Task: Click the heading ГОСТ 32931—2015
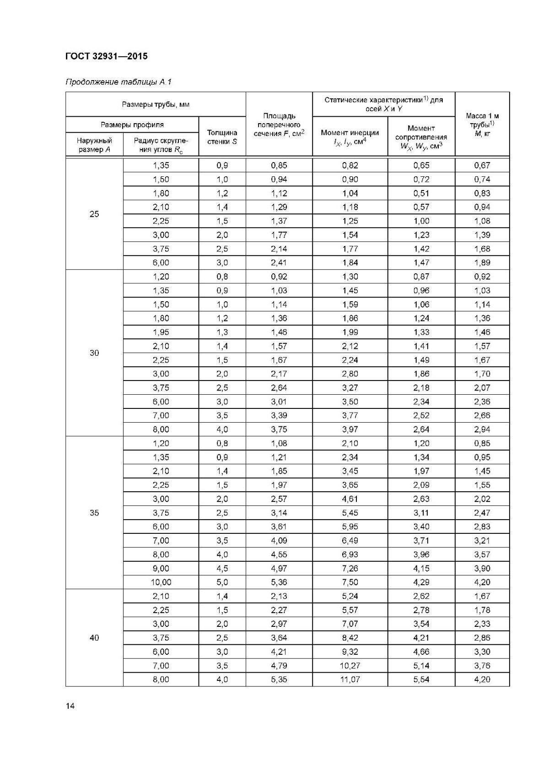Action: pos(106,56)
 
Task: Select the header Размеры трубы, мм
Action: pos(156,104)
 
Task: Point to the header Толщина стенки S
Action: pos(222,137)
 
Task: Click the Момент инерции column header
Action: pos(350,137)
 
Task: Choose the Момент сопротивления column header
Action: pos(421,137)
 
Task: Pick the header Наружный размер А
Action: pos(94,145)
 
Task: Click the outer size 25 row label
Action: pos(94,214)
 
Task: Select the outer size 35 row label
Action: pos(94,513)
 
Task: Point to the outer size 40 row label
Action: pos(94,638)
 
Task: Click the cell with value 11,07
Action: pos(350,679)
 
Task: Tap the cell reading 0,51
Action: pos(421,193)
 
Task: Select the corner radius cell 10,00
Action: pos(161,582)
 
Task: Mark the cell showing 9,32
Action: pos(350,652)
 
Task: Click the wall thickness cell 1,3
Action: pos(222,332)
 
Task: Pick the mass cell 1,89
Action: pos(482,263)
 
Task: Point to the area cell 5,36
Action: pos(279,582)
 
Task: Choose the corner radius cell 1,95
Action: pos(161,332)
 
